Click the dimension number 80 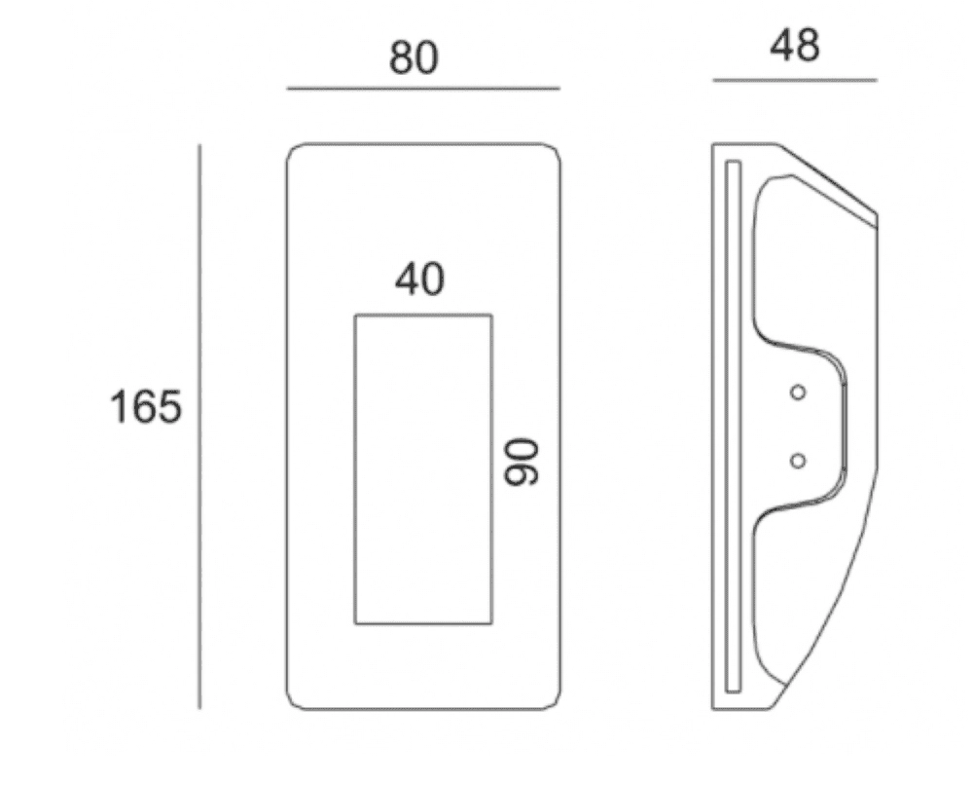point(414,58)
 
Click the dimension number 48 point(795,46)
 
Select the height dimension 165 point(145,407)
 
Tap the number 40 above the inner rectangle point(420,280)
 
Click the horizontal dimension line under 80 point(423,89)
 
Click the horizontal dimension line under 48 point(795,80)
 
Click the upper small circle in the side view point(798,392)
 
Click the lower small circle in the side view point(798,460)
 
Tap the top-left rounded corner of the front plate point(293,151)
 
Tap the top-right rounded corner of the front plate point(555,151)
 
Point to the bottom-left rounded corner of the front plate point(293,704)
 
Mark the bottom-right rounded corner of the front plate point(555,704)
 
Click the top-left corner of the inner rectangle point(355,316)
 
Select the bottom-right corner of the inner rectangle point(491,623)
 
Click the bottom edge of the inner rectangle point(423,623)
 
